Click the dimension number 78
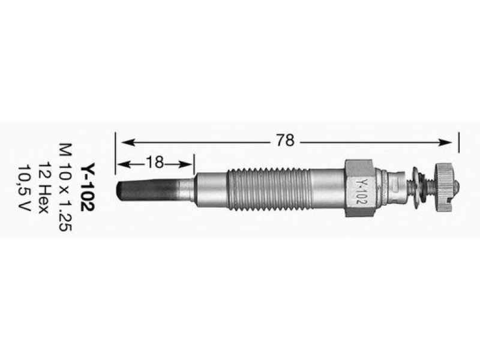pos(285,140)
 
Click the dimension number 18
pos(155,163)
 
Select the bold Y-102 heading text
pos(88,187)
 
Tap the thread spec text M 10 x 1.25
pos(65,187)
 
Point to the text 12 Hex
pos(43,187)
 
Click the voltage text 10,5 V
pos(24,187)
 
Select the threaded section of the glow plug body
pos(269,189)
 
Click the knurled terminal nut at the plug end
pos(444,187)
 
